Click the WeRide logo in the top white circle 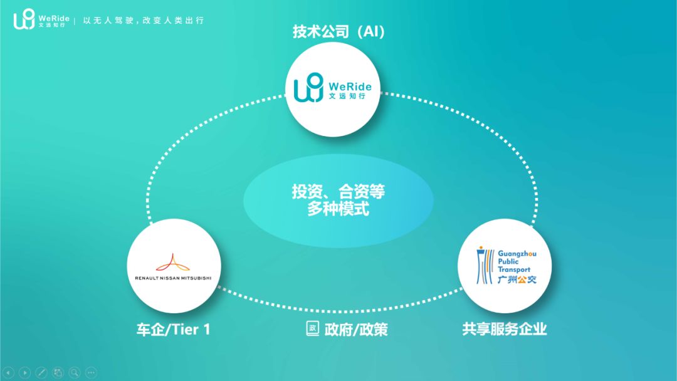[x=333, y=88]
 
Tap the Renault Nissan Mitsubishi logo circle [x=174, y=266]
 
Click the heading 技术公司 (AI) [x=338, y=31]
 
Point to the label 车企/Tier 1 [x=173, y=329]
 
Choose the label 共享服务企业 [x=505, y=329]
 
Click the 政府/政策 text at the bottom [x=355, y=329]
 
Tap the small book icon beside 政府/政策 [x=312, y=328]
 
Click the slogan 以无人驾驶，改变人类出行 [x=144, y=21]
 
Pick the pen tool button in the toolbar [x=41, y=372]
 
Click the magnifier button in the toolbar [x=75, y=372]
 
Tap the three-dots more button [x=91, y=372]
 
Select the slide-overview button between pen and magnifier [x=58, y=372]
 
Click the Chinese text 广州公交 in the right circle [x=517, y=279]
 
